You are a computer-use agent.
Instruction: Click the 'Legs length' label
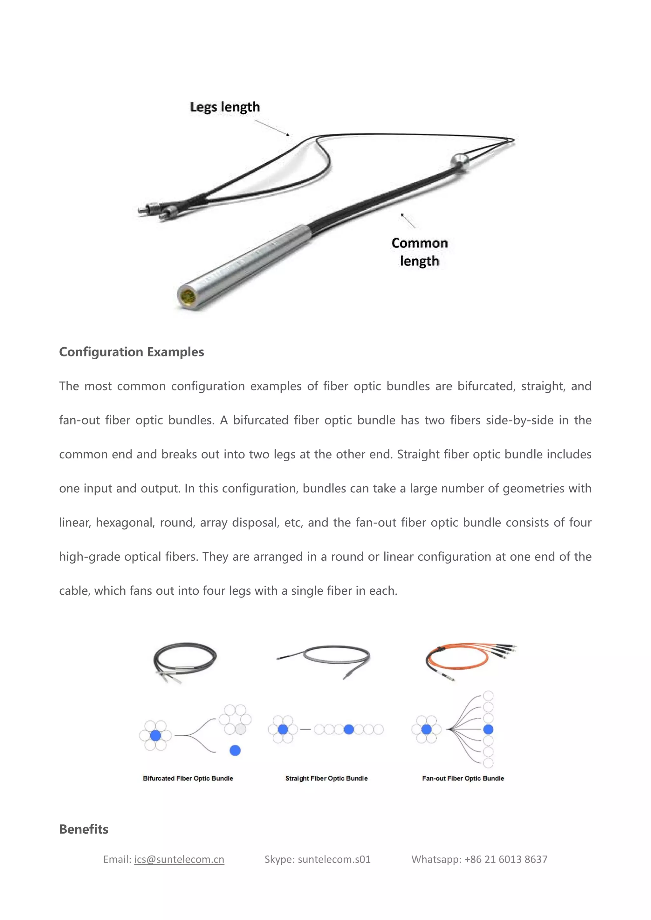pos(224,107)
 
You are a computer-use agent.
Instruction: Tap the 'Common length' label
pos(419,252)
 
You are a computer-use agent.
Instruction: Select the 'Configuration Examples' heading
pos(132,352)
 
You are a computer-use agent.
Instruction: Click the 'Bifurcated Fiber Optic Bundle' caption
pos(188,778)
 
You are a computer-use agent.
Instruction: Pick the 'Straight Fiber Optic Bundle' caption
pos(326,778)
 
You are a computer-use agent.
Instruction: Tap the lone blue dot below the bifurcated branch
pos(235,750)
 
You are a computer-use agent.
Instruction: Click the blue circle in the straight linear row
pos(349,729)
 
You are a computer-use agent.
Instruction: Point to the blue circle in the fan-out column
pos(488,729)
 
